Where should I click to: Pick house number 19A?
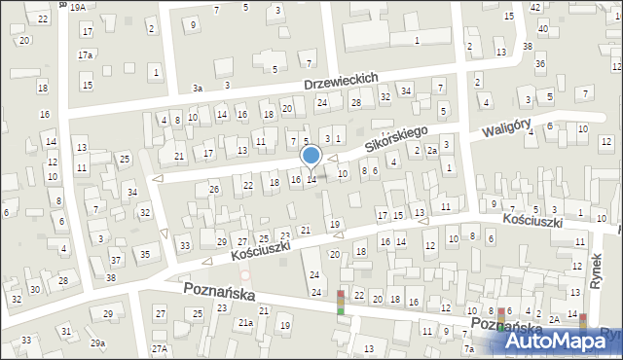[78, 6]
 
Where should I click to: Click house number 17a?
[86, 54]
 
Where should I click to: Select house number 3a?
[197, 88]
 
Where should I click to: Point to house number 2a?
[431, 151]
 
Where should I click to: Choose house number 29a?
[97, 342]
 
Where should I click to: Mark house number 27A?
[160, 348]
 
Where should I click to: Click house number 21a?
[246, 322]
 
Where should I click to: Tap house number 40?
[542, 28]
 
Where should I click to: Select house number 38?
[527, 47]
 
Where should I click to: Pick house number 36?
[539, 63]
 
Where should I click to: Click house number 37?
[115, 260]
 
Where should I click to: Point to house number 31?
[66, 332]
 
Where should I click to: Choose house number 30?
[34, 290]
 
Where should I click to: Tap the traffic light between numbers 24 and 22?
[341, 303]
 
